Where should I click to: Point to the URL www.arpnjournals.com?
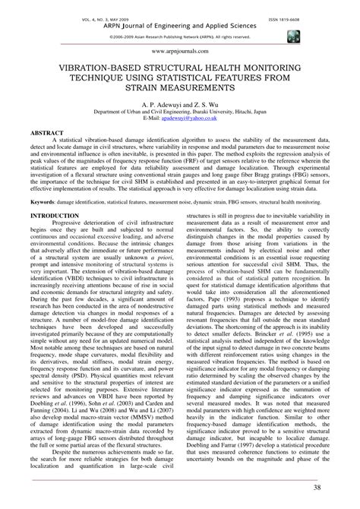180,49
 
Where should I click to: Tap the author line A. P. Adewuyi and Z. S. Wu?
180,100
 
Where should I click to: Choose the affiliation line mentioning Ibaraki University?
180,111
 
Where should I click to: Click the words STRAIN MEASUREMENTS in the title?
180,88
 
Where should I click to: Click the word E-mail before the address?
150,119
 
